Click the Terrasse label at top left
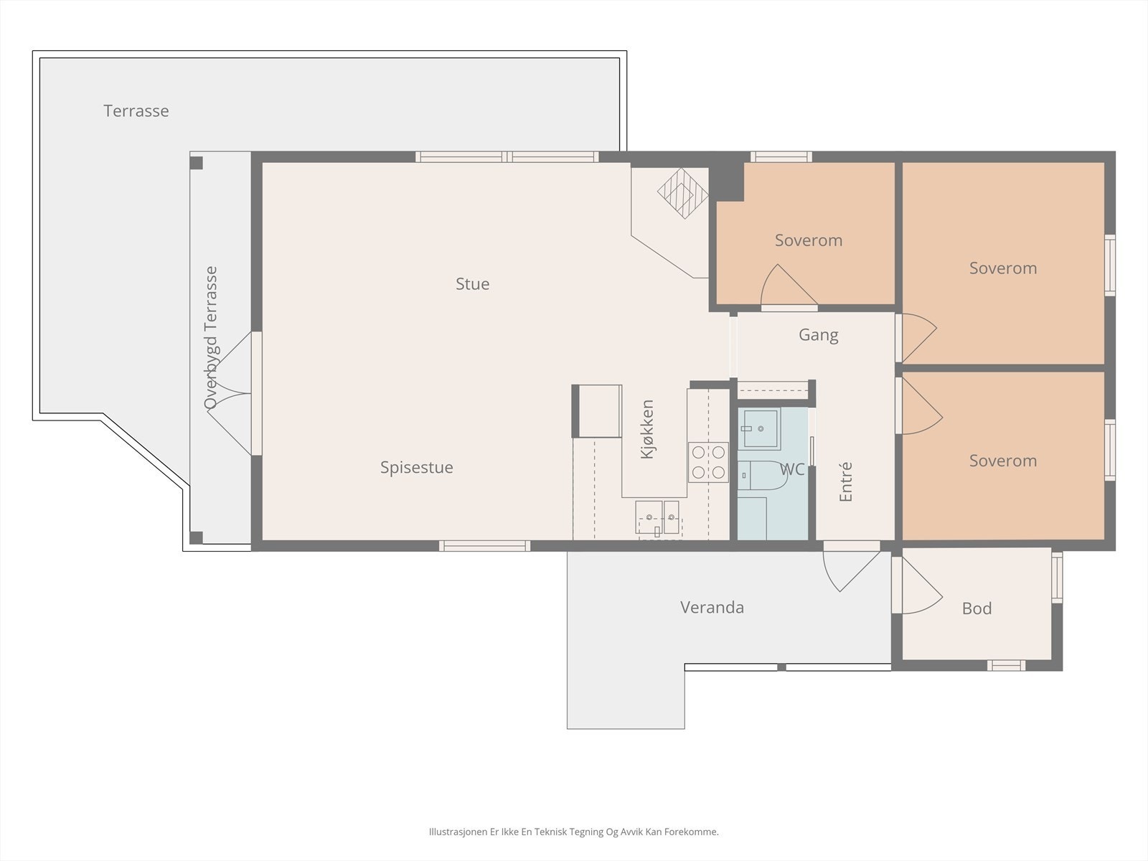pos(136,111)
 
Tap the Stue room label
pos(472,284)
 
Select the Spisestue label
pos(416,468)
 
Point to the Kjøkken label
pos(647,429)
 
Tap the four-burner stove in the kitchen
pos(708,462)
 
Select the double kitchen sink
pos(658,517)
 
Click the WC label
pos(792,470)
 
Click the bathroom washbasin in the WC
pos(761,428)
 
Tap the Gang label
pos(818,335)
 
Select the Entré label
pos(846,481)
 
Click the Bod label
pos(977,609)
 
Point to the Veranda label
pos(712,608)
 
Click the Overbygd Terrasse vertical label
pos(210,337)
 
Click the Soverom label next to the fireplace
pos(808,240)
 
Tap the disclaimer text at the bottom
pos(573,832)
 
